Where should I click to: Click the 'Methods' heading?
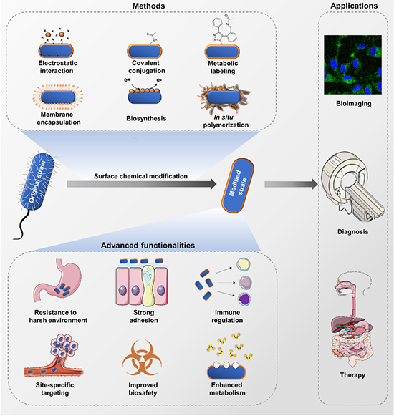point(149,6)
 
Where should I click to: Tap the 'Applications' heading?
point(354,6)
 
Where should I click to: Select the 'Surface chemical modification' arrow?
point(142,184)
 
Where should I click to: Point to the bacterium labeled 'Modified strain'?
point(238,185)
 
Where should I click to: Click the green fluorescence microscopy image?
point(353,64)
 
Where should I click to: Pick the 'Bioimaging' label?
point(354,103)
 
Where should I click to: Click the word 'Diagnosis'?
point(353,231)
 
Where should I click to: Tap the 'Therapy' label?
point(352,375)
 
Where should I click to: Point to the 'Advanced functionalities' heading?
point(148,246)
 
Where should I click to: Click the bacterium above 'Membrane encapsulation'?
point(58,97)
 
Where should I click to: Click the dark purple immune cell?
point(244,299)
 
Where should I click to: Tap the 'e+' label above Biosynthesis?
point(128,79)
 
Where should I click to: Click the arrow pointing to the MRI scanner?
point(292,184)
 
